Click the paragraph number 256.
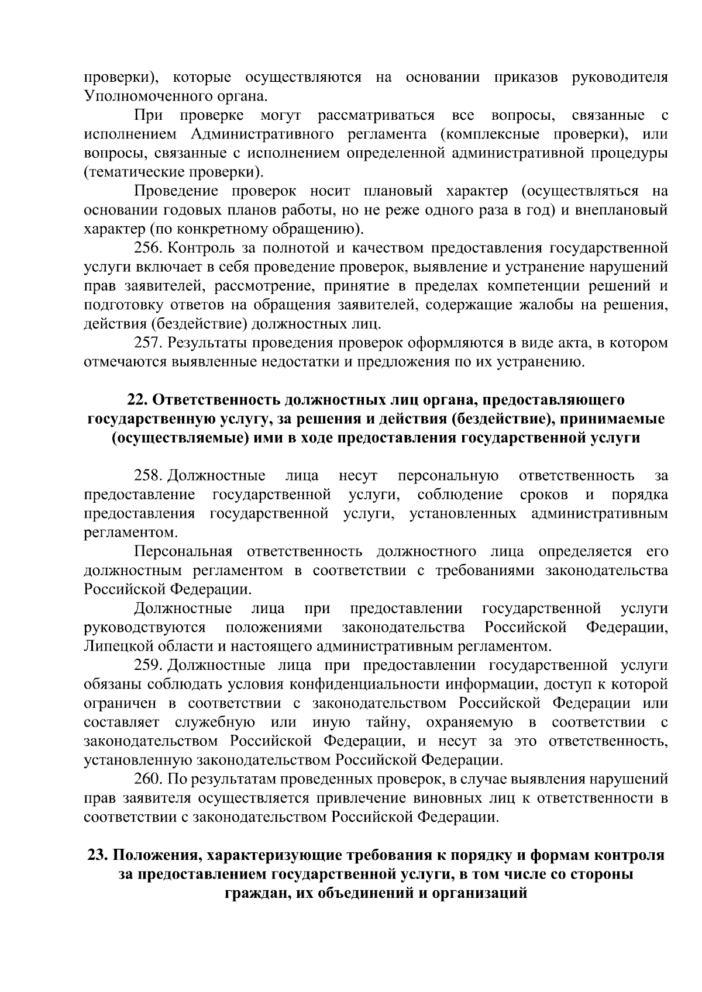(x=149, y=248)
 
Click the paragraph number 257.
(x=149, y=343)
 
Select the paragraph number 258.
(x=149, y=476)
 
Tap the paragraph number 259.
(x=149, y=665)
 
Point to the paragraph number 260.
(x=149, y=779)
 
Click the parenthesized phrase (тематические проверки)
(x=174, y=172)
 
